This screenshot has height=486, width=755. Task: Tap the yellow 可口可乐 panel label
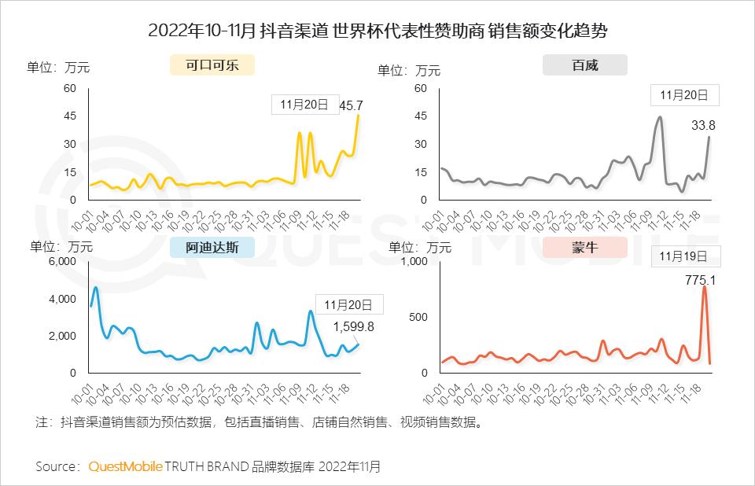[x=212, y=65]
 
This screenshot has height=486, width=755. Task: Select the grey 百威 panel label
[x=584, y=65]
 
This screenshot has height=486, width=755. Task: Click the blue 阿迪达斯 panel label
[x=212, y=248]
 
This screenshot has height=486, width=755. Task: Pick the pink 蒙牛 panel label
[x=584, y=248]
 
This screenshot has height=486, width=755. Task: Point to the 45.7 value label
[x=351, y=105]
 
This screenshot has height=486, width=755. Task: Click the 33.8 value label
[x=702, y=125]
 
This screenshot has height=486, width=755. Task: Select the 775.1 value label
[x=700, y=279]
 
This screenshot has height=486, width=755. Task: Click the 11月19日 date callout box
[x=683, y=256]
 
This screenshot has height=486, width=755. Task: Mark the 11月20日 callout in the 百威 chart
[x=684, y=95]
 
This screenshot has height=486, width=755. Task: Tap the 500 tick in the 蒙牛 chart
[x=418, y=317]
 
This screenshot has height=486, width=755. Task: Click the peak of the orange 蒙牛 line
[x=704, y=287]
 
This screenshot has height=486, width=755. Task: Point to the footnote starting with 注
[x=259, y=422]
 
